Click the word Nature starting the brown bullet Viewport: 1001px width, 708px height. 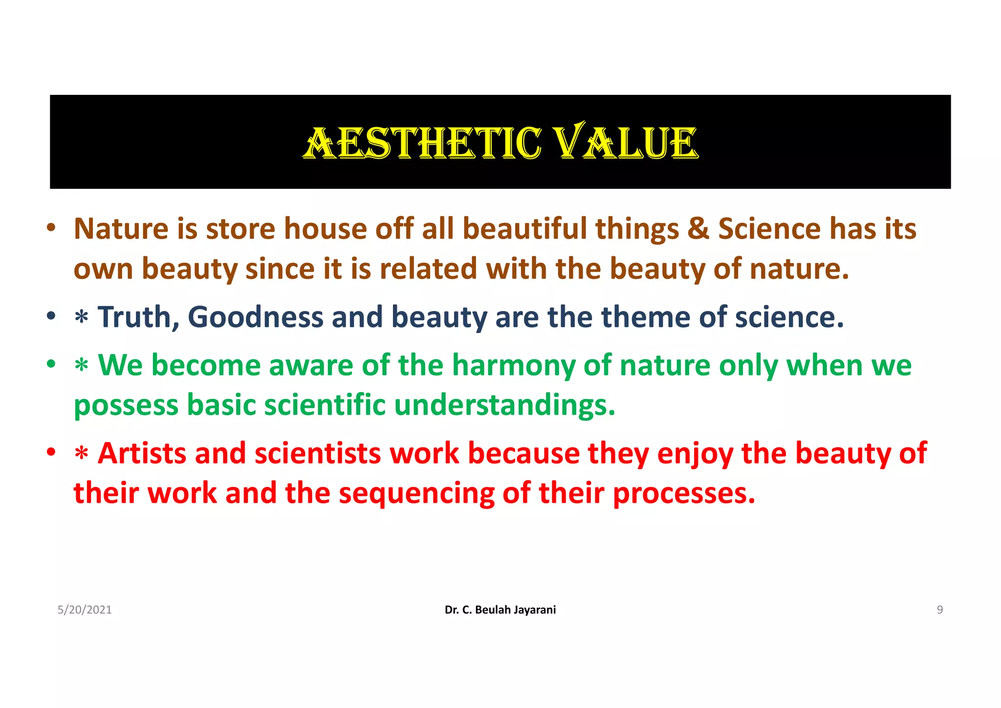click(x=121, y=229)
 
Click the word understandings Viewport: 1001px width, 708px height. click(x=503, y=405)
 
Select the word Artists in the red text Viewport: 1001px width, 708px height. click(x=142, y=453)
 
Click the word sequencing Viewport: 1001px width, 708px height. click(x=416, y=493)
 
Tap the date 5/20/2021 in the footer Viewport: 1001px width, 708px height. click(x=85, y=610)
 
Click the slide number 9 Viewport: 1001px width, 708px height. click(x=939, y=610)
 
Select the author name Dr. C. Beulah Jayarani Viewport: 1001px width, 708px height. click(x=500, y=610)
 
